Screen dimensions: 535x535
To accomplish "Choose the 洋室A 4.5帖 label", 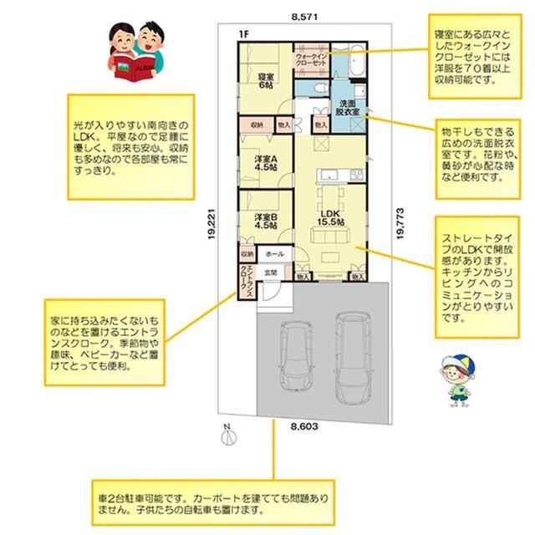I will tap(265, 163).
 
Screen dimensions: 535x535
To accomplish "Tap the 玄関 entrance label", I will tap(271, 273).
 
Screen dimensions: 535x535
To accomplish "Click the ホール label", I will tap(273, 253).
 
